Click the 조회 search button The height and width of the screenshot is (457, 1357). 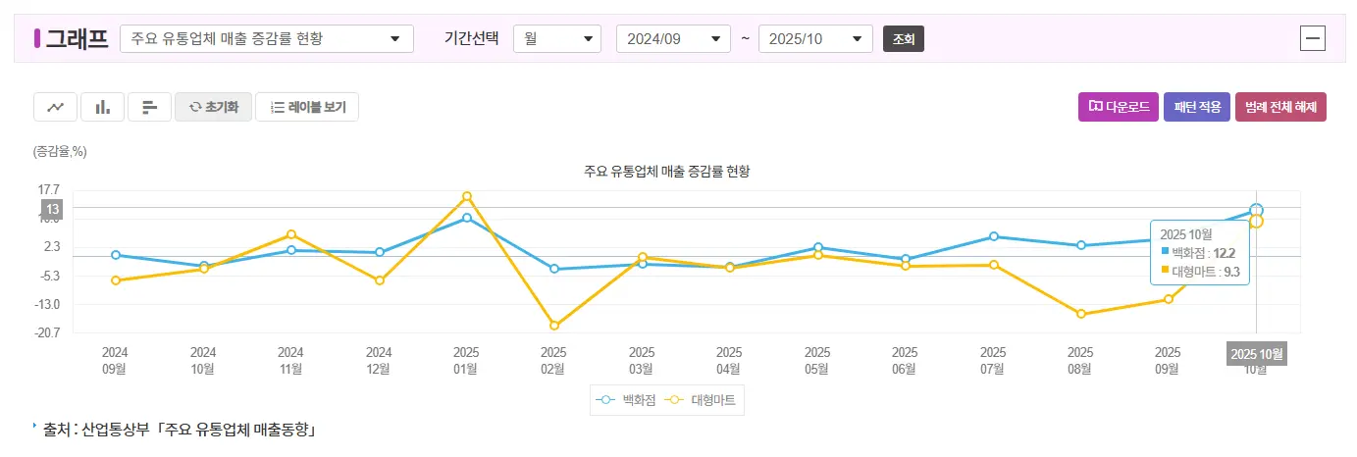pos(904,39)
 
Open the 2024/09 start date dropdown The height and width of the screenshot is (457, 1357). pos(673,39)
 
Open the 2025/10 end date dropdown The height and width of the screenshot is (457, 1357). pos(815,39)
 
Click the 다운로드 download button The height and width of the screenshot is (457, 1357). pos(1119,107)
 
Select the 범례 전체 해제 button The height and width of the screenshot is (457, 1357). pos(1280,107)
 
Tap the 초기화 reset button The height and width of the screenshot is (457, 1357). pos(213,107)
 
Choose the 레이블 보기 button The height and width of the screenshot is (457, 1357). pos(307,107)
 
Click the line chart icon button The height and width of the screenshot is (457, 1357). pos(55,107)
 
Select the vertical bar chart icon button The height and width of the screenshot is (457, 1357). pos(102,107)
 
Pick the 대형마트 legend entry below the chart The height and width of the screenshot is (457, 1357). pos(703,400)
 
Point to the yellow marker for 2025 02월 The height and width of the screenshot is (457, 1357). pos(554,326)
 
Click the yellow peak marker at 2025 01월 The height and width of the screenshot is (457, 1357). pos(467,196)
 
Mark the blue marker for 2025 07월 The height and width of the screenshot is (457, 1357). pos(994,236)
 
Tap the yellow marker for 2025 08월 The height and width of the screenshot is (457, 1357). pos(1081,314)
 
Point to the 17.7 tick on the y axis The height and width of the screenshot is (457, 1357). pos(49,189)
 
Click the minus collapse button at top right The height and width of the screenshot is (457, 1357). pos(1312,38)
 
